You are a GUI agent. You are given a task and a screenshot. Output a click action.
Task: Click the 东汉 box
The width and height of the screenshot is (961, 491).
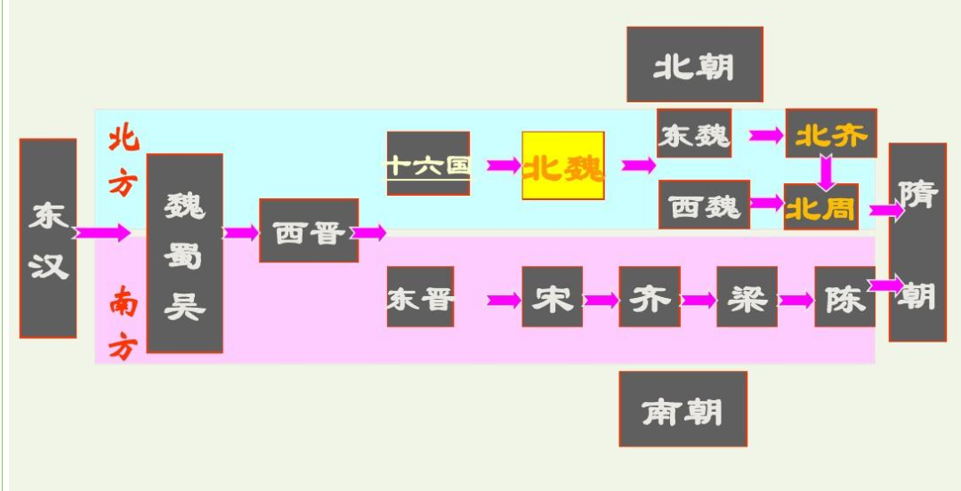tap(48, 238)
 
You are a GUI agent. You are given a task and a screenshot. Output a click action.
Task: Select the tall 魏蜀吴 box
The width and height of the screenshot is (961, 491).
tap(184, 254)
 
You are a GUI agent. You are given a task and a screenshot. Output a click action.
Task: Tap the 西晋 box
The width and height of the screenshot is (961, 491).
tap(309, 231)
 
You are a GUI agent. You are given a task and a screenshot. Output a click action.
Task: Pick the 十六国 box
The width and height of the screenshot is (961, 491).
tap(428, 164)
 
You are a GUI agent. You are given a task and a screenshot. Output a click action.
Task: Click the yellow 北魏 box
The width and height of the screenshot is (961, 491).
tap(563, 166)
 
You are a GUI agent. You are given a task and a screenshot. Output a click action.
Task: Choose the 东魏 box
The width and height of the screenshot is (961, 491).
tap(694, 133)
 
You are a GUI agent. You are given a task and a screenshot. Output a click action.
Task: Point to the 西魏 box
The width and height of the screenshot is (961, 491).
tap(705, 205)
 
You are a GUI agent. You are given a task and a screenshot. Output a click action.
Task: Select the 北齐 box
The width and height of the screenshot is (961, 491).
tap(831, 133)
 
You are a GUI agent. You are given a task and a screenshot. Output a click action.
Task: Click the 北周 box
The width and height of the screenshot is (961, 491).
tap(820, 206)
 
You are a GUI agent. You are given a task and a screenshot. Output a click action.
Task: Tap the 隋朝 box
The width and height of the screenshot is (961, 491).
tap(917, 242)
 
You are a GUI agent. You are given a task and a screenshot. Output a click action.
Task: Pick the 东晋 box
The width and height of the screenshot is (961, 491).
tap(420, 297)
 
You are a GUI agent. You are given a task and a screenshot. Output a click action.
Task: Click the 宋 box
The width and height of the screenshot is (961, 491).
tap(553, 297)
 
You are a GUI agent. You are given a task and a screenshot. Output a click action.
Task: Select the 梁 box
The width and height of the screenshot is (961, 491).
tap(747, 297)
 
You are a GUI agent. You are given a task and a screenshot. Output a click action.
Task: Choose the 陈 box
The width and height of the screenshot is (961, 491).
tap(844, 297)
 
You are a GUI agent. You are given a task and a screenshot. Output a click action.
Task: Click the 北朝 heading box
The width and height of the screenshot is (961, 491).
tap(695, 64)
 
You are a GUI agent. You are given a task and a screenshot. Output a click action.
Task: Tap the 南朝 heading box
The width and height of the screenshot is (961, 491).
tap(682, 409)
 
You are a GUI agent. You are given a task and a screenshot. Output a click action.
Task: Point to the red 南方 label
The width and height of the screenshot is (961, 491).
tap(123, 326)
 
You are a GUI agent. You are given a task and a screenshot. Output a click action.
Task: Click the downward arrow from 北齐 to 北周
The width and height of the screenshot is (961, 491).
tap(827, 171)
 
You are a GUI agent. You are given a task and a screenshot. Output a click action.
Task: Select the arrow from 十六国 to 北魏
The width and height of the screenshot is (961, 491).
tap(504, 165)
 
